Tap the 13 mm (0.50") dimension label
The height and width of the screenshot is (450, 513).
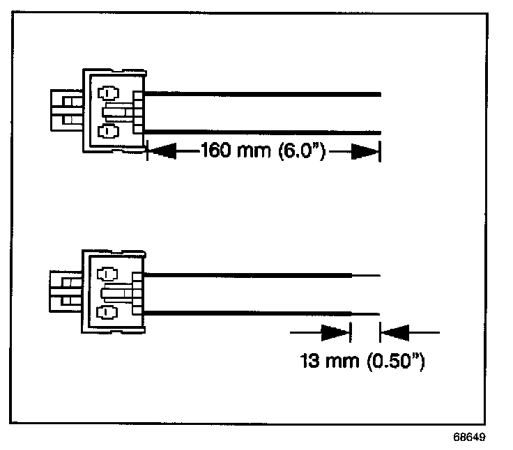pyautogui.click(x=362, y=362)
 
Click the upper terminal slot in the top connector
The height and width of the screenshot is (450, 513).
pyautogui.click(x=108, y=93)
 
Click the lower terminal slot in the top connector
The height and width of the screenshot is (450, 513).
pyautogui.click(x=108, y=131)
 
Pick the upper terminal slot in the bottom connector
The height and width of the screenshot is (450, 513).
pyautogui.click(x=108, y=274)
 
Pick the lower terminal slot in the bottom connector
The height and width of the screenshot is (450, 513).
pyautogui.click(x=108, y=312)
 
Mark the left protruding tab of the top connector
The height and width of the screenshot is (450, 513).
pyautogui.click(x=66, y=110)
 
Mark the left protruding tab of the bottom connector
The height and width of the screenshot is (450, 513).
pyautogui.click(x=66, y=292)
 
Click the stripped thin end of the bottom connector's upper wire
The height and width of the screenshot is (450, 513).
pyautogui.click(x=366, y=276)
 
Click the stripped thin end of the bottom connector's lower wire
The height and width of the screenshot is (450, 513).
pyautogui.click(x=366, y=314)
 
